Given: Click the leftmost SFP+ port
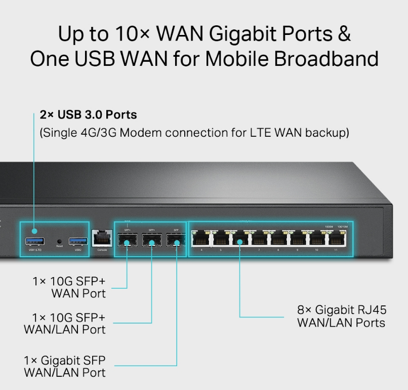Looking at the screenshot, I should tap(127, 239).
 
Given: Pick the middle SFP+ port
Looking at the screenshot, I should tap(151, 239).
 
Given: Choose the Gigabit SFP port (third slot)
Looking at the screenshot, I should tap(176, 239).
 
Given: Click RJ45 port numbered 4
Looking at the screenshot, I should tap(201, 238).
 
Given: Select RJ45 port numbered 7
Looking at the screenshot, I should tap(259, 238).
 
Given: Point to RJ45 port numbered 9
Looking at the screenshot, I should tap(297, 238).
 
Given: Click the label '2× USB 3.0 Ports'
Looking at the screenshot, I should tap(88, 115).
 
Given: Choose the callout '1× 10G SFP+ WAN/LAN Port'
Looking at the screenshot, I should tap(65, 323).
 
